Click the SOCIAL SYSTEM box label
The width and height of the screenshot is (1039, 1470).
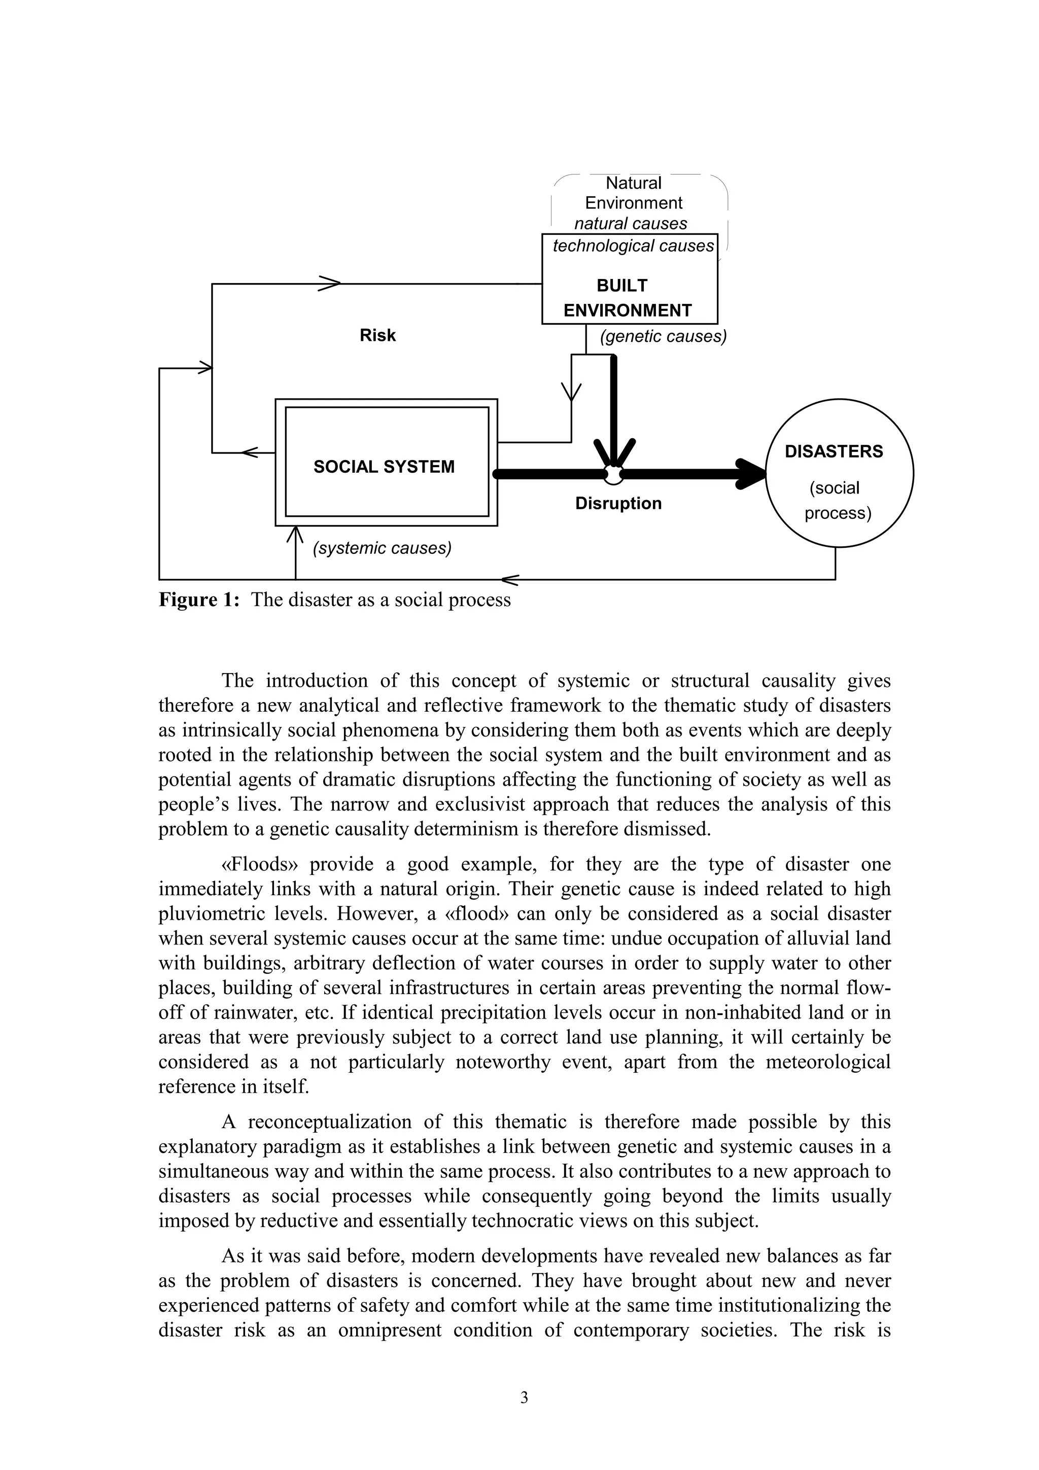click(x=384, y=467)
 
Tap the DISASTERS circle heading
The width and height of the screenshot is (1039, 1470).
click(x=833, y=451)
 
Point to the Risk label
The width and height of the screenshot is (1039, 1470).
click(x=377, y=335)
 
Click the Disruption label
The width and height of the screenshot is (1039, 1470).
click(x=618, y=503)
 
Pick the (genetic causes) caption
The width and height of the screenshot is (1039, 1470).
click(x=663, y=337)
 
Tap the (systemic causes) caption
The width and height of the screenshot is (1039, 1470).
click(x=382, y=549)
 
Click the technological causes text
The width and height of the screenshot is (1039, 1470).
click(x=633, y=246)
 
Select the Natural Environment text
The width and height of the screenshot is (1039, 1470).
click(x=633, y=193)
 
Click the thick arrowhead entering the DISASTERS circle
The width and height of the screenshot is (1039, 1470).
click(x=753, y=474)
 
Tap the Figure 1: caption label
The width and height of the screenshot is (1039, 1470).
click(x=199, y=600)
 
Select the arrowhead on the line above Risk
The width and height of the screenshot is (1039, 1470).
click(x=330, y=284)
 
